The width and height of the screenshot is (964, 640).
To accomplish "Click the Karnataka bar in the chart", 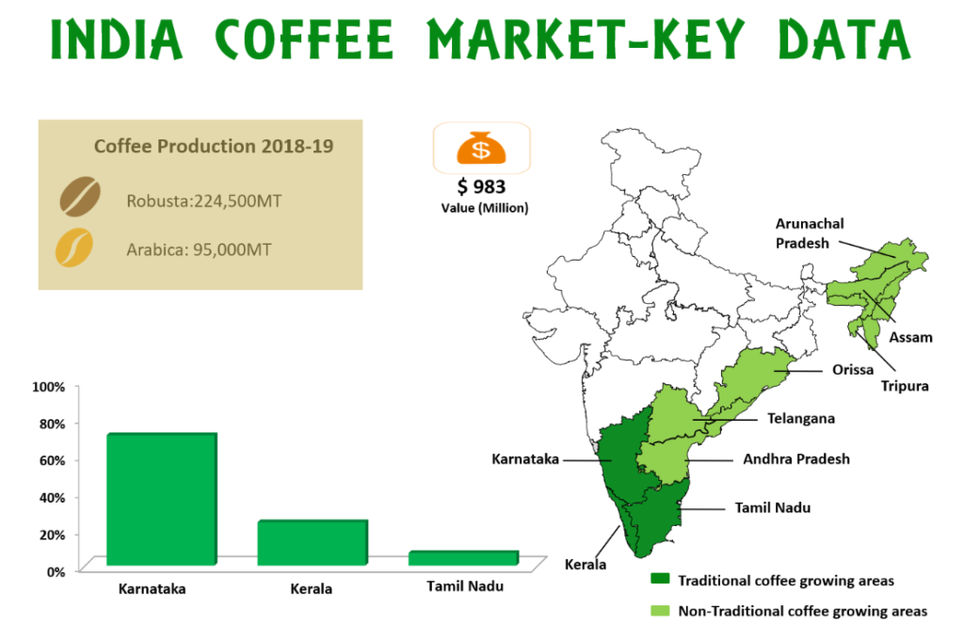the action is click(162, 499).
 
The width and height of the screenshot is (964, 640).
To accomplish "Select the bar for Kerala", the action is click(313, 542).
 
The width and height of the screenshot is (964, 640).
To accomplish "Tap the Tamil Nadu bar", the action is click(463, 557).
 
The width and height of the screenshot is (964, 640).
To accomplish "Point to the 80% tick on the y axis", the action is click(49, 424).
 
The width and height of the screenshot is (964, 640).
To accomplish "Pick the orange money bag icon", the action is click(481, 148).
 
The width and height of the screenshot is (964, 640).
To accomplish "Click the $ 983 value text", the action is click(481, 186).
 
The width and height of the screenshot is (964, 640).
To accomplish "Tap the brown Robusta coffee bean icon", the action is click(80, 197).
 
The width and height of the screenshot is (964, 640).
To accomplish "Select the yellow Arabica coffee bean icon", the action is click(74, 248).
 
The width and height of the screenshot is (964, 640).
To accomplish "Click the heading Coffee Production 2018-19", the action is click(214, 146).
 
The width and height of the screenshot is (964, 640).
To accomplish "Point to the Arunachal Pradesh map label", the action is click(809, 233).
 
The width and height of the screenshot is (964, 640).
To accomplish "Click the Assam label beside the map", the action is click(910, 337).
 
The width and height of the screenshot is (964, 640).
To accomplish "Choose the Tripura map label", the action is click(905, 386).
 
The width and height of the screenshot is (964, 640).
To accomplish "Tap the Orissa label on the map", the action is click(853, 370).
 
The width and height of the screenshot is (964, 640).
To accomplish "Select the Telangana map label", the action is click(801, 419).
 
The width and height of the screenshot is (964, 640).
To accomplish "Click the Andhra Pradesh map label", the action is click(796, 458).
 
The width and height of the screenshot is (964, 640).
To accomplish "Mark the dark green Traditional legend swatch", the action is click(660, 579).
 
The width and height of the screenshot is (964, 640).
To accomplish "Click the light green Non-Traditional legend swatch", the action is click(660, 611).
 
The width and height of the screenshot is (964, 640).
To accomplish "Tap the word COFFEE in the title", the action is click(304, 39).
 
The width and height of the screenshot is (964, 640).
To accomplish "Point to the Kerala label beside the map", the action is click(586, 565).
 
